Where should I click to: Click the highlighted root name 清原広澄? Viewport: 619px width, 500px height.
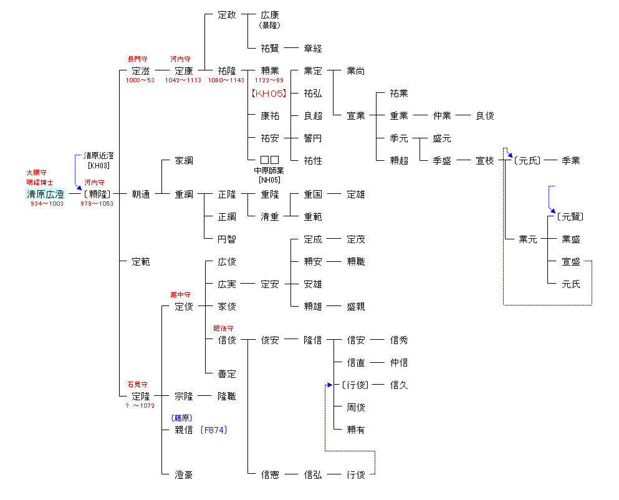tap(45, 195)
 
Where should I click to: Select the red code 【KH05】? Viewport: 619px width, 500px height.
tap(269, 94)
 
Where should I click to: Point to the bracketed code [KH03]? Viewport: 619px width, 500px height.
tap(98, 166)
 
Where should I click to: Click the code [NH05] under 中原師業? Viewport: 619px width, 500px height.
tap(270, 180)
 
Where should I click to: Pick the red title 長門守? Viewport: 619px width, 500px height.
tap(137, 59)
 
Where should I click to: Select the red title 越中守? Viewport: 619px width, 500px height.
tap(180, 295)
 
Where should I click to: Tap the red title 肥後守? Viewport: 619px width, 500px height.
tap(223, 329)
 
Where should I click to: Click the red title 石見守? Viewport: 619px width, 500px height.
tap(137, 385)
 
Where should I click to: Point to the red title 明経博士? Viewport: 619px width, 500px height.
tap(39, 183)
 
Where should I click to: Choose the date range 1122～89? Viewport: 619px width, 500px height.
tap(269, 80)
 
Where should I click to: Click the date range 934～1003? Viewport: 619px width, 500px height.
tap(47, 204)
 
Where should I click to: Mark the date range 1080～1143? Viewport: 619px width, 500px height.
tap(226, 80)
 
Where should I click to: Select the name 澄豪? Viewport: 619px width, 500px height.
tap(184, 475)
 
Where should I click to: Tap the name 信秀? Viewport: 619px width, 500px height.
tap(399, 340)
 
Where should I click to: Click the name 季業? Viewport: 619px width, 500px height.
tap(570, 161)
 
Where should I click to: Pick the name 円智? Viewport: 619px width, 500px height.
tap(227, 239)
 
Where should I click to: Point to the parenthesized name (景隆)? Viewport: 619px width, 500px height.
tap(270, 26)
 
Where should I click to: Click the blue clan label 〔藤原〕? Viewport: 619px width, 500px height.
tap(181, 418)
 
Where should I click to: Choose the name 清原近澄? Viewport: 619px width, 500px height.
tap(98, 156)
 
